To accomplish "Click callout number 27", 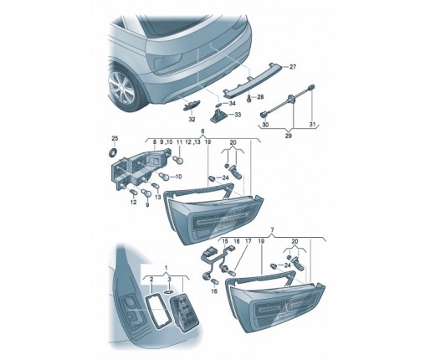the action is click(292, 67).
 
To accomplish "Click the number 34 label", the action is click(232, 103).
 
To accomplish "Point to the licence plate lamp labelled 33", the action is click(218, 115).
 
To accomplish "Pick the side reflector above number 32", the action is click(191, 106).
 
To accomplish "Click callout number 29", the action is click(289, 136).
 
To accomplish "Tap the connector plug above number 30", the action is click(264, 115).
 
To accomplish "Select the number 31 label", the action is click(312, 125).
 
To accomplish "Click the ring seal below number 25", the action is click(113, 152).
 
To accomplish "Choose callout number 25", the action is click(115, 138).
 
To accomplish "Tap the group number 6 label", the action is click(202, 131).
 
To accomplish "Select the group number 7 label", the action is click(273, 229).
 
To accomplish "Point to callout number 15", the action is click(225, 241).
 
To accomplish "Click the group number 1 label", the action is click(166, 268).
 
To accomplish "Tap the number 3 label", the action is click(169, 279).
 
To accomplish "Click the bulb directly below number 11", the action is click(178, 160).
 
